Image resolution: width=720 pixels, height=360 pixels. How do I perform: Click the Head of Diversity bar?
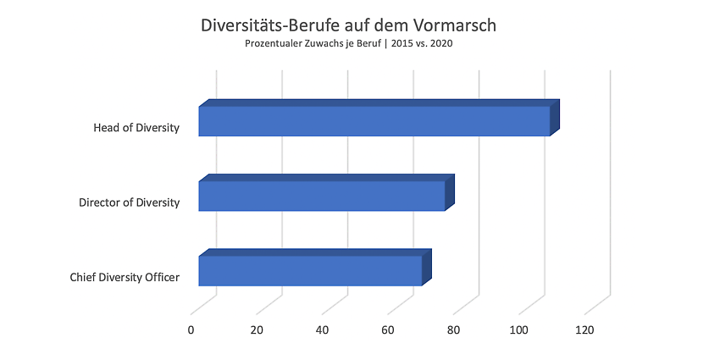(379, 118)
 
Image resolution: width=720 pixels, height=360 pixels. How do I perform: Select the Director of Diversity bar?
(326, 193)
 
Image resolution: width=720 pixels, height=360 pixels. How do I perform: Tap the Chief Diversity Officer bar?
(315, 268)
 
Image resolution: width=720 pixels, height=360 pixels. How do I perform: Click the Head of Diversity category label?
(136, 128)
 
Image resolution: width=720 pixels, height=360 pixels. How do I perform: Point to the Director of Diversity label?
(129, 202)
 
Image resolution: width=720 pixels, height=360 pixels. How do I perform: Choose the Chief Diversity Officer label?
(125, 277)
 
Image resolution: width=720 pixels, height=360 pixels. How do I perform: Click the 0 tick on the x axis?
(191, 330)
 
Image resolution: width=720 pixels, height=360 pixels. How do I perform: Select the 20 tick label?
(257, 330)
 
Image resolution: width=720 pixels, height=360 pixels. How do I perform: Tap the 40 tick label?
(323, 330)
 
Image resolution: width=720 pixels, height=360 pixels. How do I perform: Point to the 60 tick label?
(388, 330)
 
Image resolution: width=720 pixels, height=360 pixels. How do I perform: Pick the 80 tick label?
(454, 330)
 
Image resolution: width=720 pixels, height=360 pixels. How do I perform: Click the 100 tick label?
(519, 330)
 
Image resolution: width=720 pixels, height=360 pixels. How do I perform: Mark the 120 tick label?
(584, 330)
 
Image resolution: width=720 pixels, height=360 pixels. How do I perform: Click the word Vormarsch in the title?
(460, 25)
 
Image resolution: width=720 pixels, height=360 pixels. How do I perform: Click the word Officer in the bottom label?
(162, 277)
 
